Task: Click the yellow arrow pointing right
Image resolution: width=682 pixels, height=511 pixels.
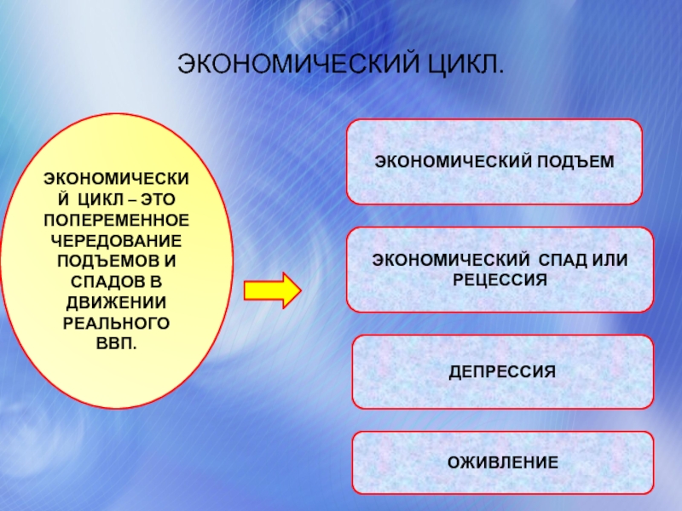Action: [272, 290]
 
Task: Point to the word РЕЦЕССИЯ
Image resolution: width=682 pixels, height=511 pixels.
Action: [500, 278]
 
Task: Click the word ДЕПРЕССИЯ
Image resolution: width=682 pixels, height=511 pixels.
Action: [503, 372]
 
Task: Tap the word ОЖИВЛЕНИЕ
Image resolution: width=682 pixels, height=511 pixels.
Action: [503, 463]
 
